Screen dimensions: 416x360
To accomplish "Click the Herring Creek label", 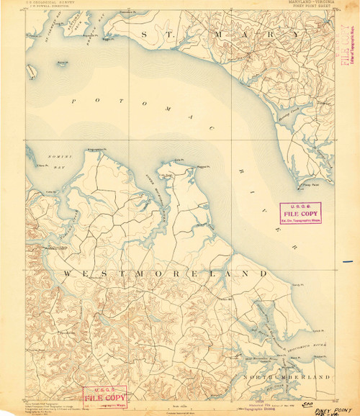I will point(288,135).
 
